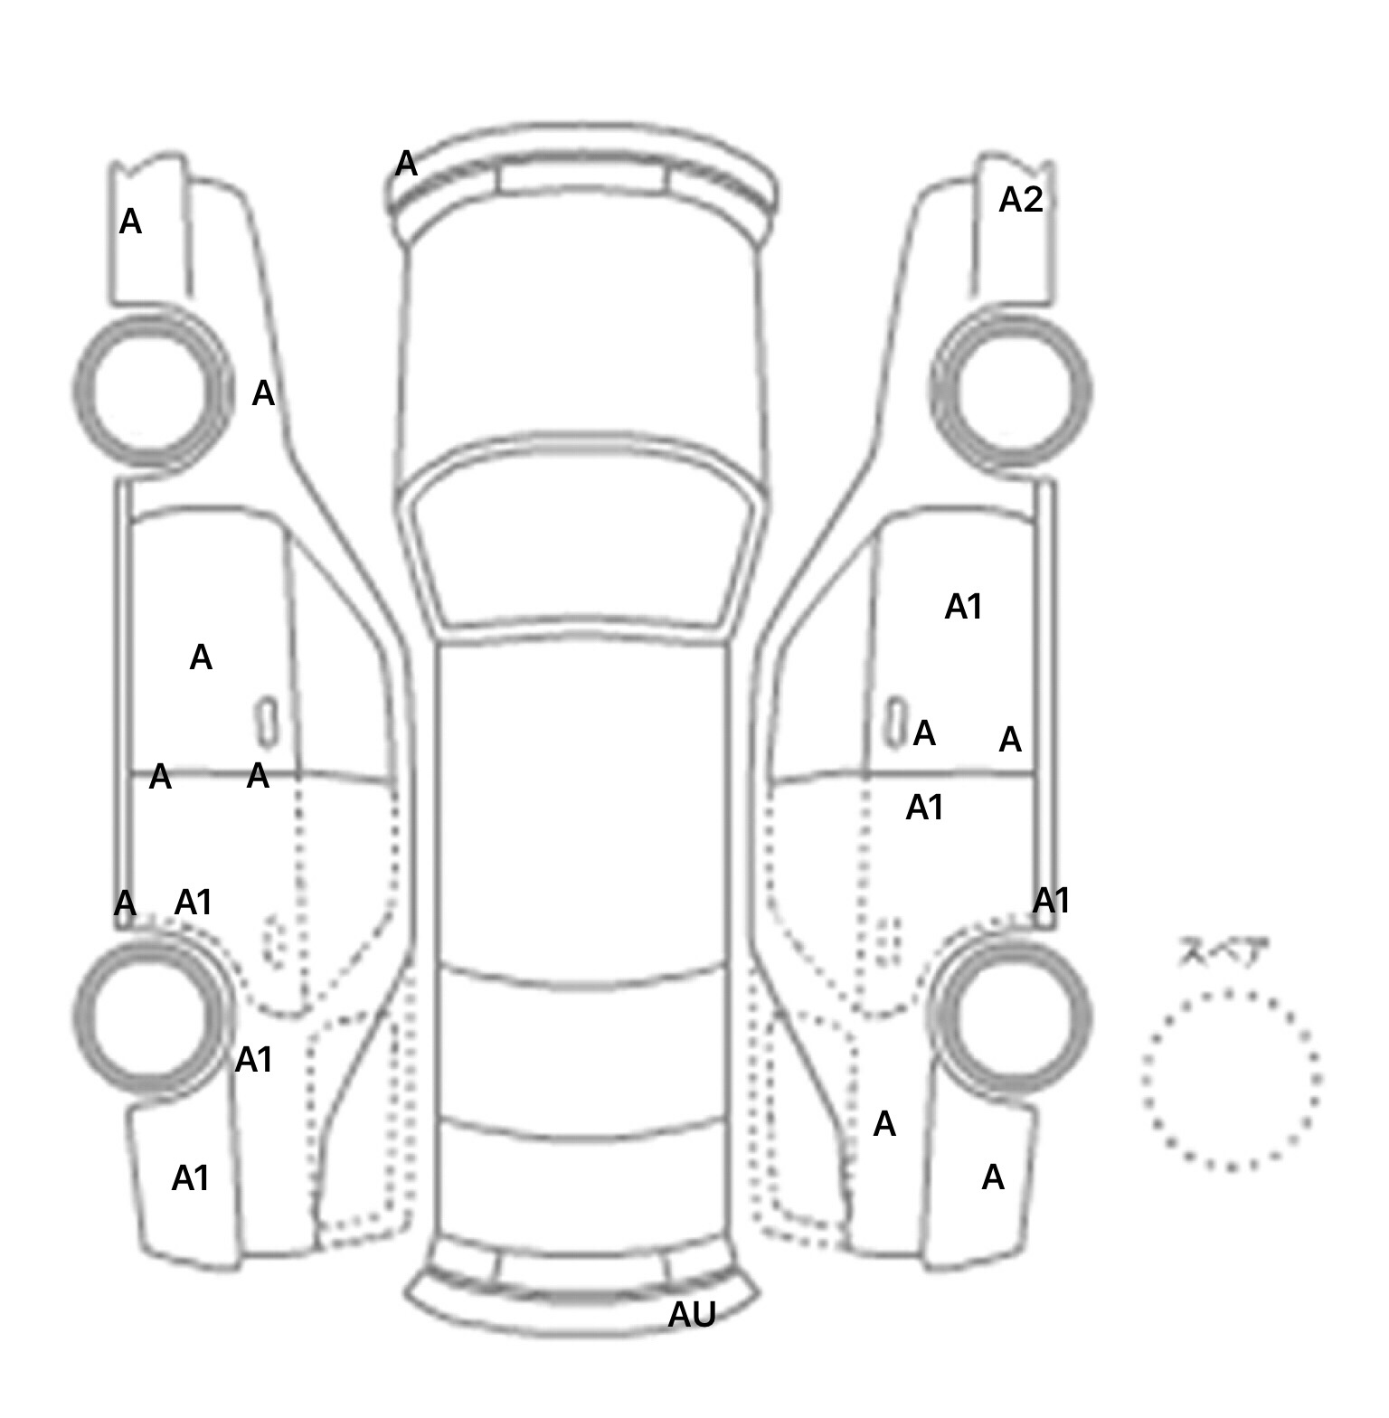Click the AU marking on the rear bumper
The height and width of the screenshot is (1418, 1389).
pos(692,1315)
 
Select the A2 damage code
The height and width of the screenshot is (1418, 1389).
pos(1020,200)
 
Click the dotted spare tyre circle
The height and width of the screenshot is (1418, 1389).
pos(1231,1079)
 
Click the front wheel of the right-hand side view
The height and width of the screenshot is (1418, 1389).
pos(1011,391)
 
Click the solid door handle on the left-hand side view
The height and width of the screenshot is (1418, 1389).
pos(266,722)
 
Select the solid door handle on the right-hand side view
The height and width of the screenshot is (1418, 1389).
pos(894,722)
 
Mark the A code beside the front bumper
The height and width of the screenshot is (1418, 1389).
pos(407,165)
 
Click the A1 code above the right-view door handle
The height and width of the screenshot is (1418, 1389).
pos(963,607)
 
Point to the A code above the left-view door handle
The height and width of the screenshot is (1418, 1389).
pos(201,657)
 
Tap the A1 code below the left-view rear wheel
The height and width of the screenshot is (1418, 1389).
pos(191,1178)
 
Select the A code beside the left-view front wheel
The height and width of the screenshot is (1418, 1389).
pos(263,393)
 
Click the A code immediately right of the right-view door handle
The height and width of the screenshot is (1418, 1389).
pos(924,733)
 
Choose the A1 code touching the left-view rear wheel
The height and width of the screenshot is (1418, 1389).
pos(254,1059)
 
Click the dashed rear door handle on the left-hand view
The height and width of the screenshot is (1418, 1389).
pos(275,941)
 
